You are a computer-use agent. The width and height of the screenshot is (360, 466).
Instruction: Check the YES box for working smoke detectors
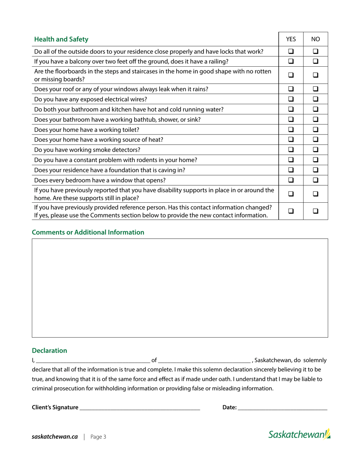[291, 150]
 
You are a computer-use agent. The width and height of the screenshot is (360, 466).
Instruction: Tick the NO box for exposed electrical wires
[316, 99]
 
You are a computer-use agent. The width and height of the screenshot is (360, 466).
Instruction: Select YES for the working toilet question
[291, 130]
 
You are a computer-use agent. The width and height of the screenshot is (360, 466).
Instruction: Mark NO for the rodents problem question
[316, 160]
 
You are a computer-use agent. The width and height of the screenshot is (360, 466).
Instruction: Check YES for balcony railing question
[291, 61]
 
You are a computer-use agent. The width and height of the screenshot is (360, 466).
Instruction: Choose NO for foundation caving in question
[316, 170]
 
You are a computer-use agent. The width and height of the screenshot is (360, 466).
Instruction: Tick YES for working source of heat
[291, 139]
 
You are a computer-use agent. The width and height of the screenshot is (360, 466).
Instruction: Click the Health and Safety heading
[61, 39]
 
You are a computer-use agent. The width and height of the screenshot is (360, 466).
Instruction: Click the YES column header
[291, 39]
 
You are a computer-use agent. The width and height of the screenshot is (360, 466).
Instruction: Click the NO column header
[316, 39]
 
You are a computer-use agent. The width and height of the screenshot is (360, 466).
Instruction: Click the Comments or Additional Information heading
[88, 232]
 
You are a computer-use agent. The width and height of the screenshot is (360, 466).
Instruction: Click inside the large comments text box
[180, 288]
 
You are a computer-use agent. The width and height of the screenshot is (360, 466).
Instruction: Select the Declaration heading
[49, 350]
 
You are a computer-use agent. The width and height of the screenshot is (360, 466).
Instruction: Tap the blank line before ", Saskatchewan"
[204, 360]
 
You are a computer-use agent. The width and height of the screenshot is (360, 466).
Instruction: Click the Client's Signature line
[139, 408]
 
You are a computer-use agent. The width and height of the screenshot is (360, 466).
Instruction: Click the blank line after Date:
[282, 408]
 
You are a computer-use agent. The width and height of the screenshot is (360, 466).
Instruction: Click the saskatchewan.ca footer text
[55, 437]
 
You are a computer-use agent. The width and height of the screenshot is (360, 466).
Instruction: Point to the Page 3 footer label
[98, 437]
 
